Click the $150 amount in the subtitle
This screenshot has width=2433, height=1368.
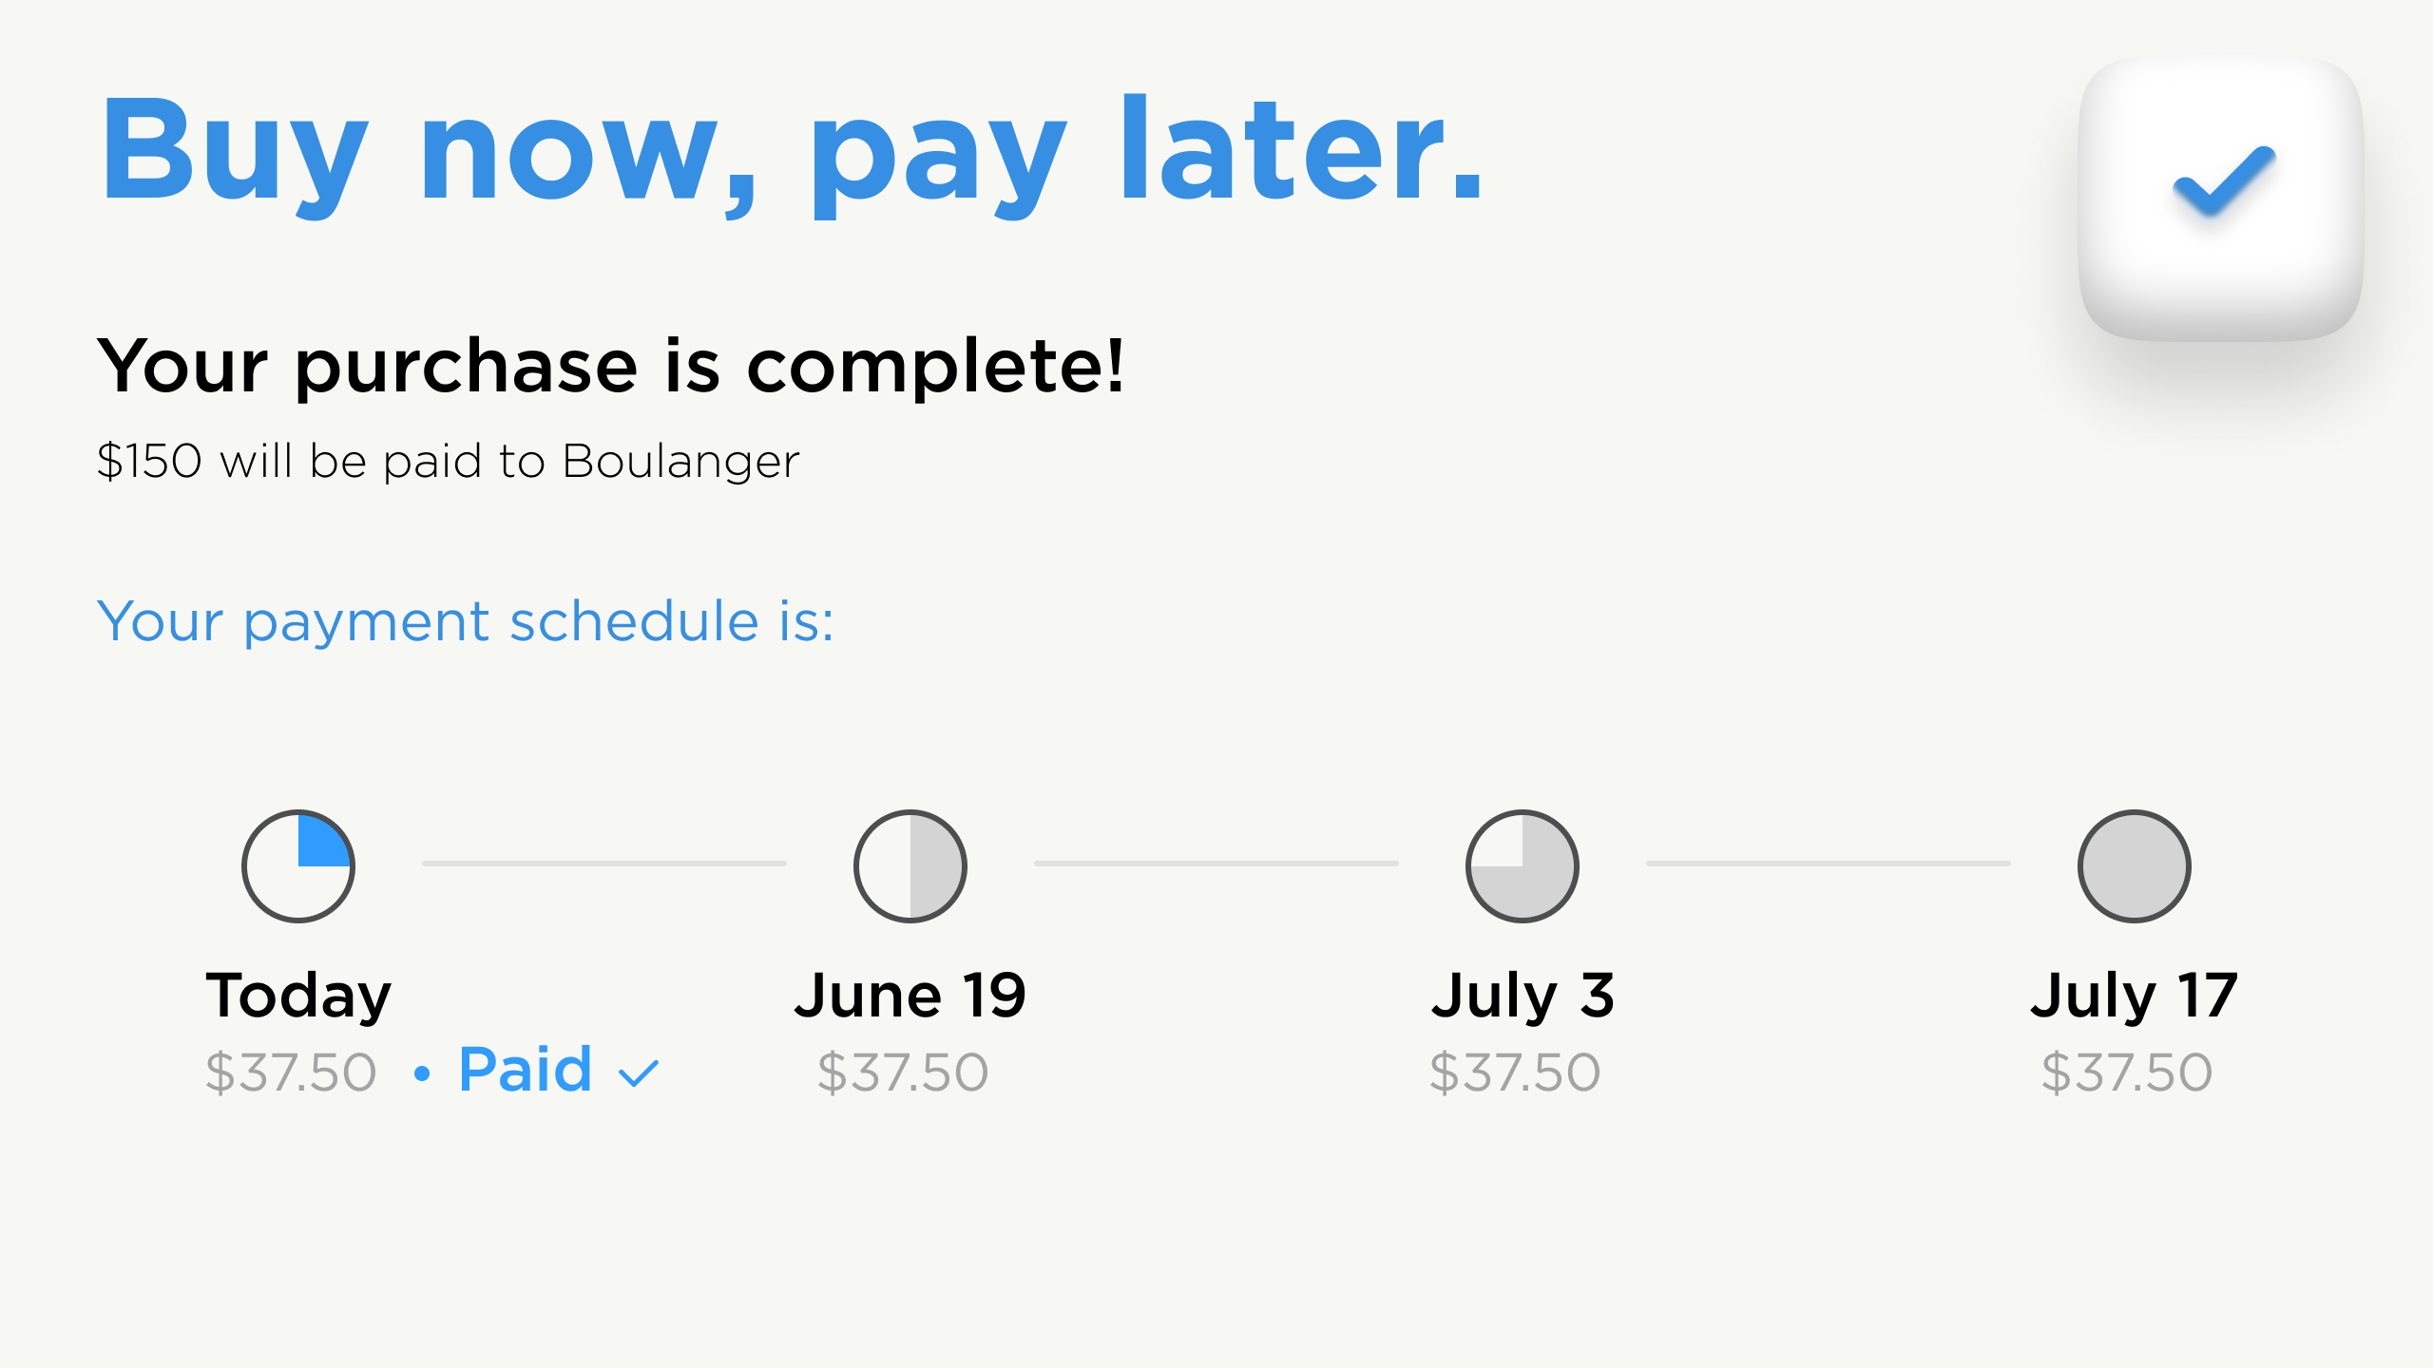tap(149, 461)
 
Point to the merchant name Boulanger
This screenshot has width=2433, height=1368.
tap(681, 462)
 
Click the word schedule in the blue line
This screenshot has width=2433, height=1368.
tap(634, 621)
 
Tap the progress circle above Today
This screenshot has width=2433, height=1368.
tap(298, 866)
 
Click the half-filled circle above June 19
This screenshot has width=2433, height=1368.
tap(910, 866)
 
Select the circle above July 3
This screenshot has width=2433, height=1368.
tap(1523, 866)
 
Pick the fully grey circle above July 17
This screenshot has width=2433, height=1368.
tap(2135, 866)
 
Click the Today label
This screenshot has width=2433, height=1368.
tap(298, 997)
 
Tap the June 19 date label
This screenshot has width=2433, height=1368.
tap(910, 996)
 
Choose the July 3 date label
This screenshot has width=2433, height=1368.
tap(1523, 997)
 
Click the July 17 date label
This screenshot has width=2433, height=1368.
tap(2135, 997)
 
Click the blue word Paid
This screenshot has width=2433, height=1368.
tap(526, 1070)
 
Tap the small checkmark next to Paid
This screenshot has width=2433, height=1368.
tap(639, 1074)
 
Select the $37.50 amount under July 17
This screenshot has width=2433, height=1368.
tap(2127, 1073)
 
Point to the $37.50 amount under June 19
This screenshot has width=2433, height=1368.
tap(903, 1073)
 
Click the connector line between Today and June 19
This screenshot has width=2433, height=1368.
tap(604, 864)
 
